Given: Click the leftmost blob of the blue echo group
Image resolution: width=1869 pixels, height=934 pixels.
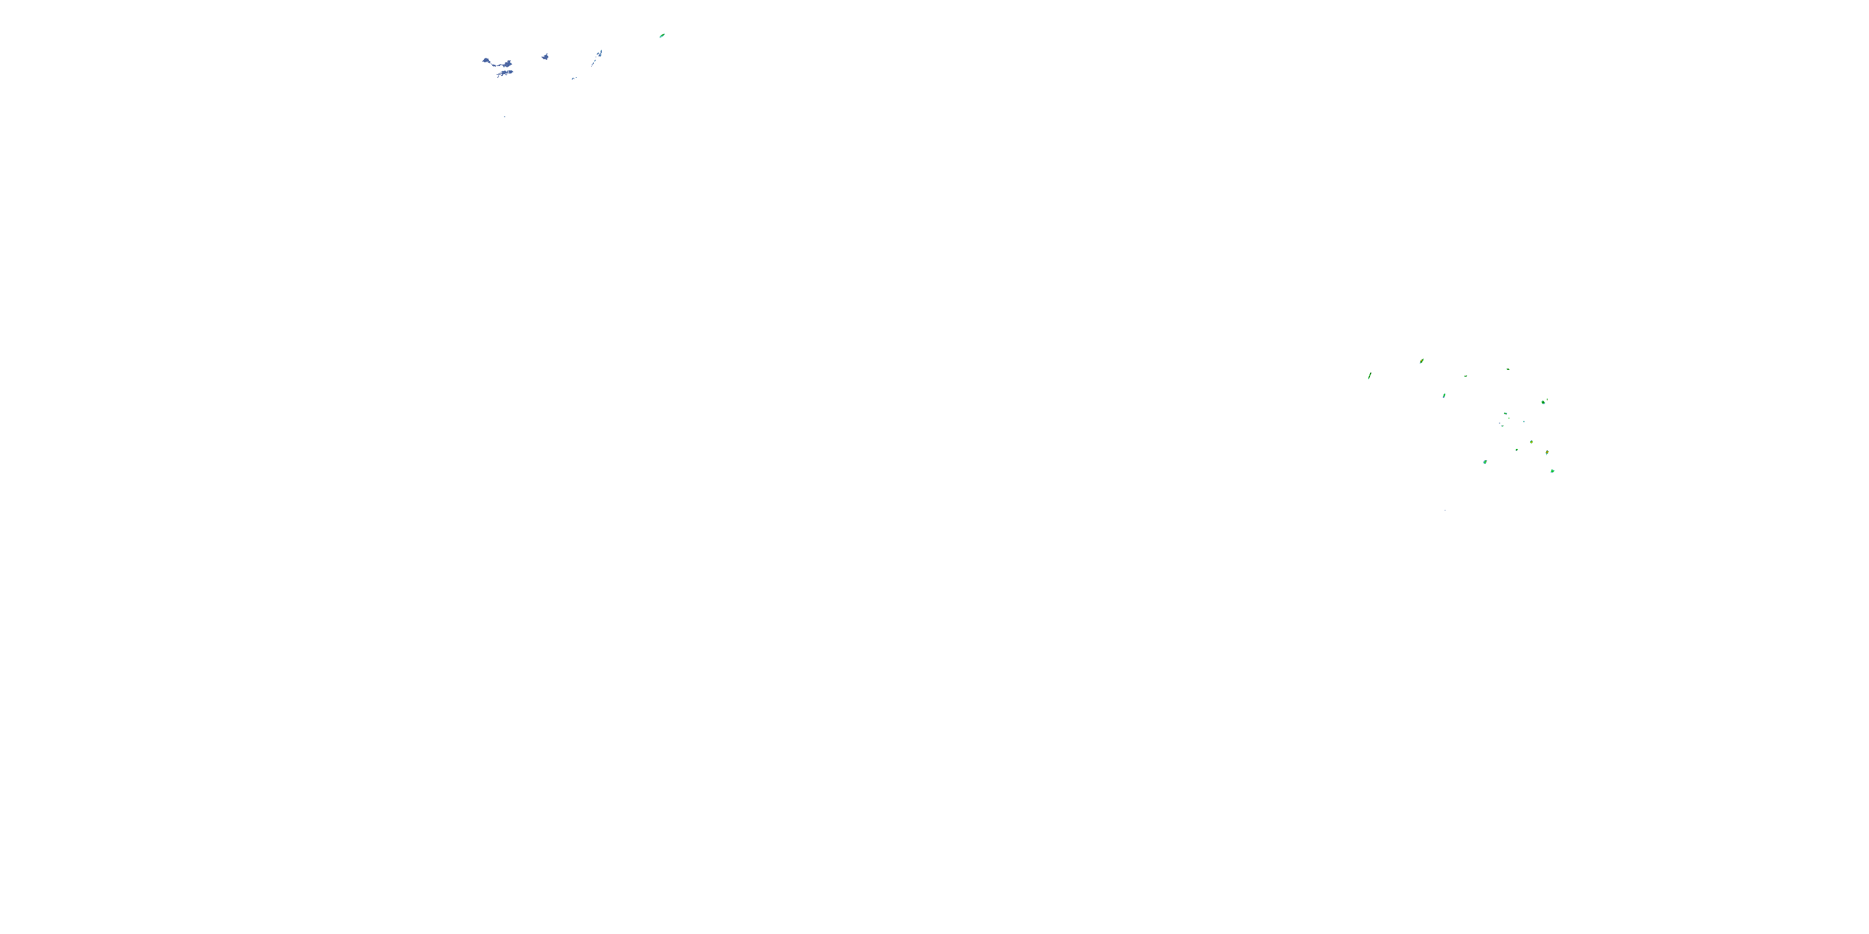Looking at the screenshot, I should click(x=486, y=61).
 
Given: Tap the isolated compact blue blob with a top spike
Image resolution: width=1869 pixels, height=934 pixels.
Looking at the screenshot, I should click(x=545, y=57).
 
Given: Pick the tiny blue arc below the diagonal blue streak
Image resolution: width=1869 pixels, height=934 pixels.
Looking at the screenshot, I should click(x=574, y=78).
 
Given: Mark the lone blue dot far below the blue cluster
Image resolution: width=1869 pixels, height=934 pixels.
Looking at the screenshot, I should click(x=504, y=117).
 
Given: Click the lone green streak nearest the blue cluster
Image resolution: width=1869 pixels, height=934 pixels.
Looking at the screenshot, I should click(x=662, y=35).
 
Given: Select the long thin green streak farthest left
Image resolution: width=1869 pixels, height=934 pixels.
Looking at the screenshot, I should click(x=1369, y=375).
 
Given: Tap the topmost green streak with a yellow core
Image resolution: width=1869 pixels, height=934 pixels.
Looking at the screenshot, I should click(x=1421, y=361).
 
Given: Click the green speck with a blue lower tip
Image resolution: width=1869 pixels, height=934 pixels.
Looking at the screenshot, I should click(x=1444, y=396).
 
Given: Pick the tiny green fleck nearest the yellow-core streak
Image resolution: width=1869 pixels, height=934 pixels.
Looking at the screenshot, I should click(x=1465, y=376).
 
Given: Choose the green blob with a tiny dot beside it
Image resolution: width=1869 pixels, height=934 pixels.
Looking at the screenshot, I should click(x=1543, y=401).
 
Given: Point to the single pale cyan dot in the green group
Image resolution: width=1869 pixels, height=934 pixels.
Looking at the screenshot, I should click(x=1523, y=422).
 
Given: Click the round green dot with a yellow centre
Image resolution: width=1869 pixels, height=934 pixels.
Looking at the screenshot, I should click(x=1531, y=441).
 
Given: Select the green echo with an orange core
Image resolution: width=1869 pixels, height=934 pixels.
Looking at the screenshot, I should click(x=1547, y=453).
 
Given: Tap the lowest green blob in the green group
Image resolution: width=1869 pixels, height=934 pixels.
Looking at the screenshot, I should click(x=1552, y=471).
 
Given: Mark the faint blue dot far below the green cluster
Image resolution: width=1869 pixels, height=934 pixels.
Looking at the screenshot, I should click(x=1445, y=510).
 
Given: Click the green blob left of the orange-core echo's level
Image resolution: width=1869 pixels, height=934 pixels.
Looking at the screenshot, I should click(x=1485, y=461).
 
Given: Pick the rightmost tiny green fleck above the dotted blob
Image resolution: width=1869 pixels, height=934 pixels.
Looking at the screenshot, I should click(x=1508, y=369).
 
